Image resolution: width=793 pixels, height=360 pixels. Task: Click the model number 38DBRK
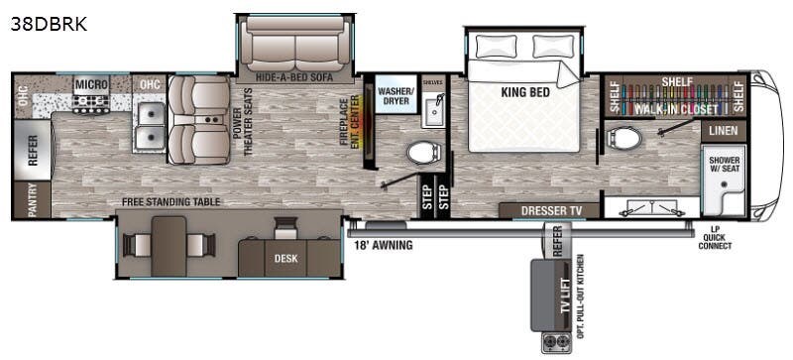(49, 25)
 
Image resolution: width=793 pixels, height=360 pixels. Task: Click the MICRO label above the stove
(91, 85)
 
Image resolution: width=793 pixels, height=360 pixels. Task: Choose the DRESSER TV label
(548, 211)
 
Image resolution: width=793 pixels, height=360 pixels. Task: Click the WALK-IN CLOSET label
(676, 109)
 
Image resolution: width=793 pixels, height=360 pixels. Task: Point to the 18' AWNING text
(384, 241)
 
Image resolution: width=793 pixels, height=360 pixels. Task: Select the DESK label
(285, 260)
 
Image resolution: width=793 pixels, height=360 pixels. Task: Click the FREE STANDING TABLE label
(170, 202)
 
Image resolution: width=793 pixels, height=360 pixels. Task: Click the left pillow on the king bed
(493, 46)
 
